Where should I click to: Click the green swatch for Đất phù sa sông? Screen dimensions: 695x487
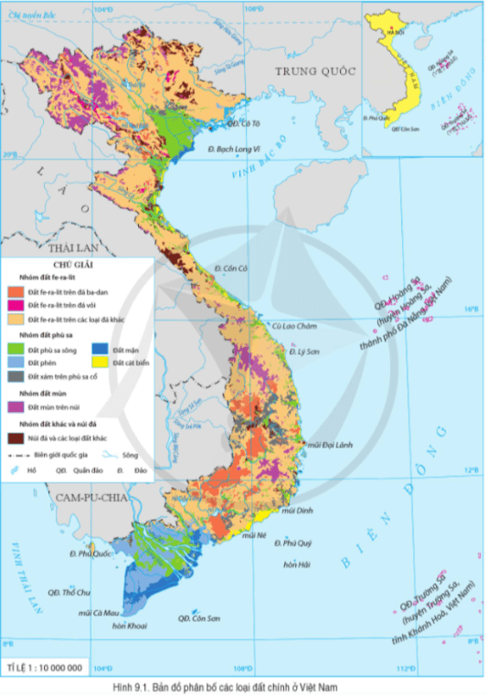[x=16, y=348]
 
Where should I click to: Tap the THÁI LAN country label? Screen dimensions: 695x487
[x=67, y=247]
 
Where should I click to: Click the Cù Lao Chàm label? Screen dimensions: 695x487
[x=292, y=326]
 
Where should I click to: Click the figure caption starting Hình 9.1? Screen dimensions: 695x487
[x=243, y=686]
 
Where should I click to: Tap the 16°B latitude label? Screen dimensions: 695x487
[x=470, y=309]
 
